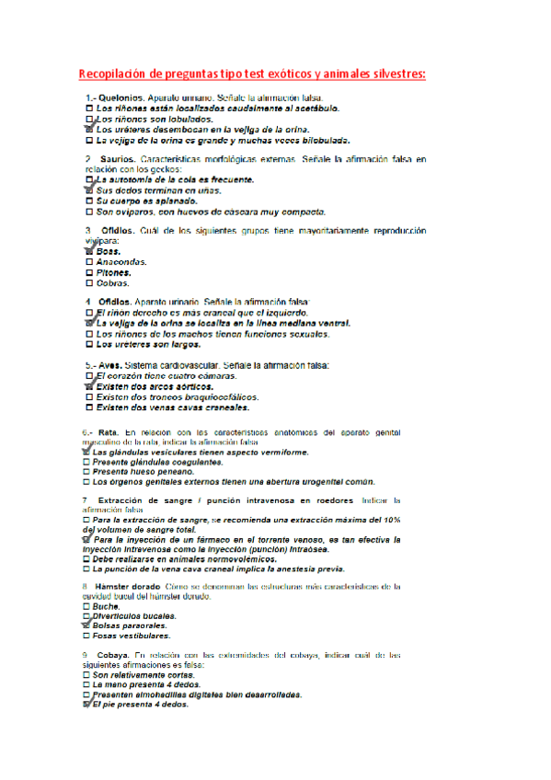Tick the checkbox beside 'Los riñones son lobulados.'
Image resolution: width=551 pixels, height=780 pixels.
[x=88, y=120]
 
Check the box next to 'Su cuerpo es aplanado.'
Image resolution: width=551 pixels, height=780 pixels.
[x=88, y=201]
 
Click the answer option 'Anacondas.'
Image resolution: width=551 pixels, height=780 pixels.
[x=121, y=261]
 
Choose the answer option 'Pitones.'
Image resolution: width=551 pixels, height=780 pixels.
[x=114, y=272]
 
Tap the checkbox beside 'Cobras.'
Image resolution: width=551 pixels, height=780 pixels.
[x=88, y=283]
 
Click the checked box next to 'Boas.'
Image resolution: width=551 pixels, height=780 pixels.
[x=88, y=250]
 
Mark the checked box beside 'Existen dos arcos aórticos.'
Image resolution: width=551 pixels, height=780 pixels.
[x=88, y=386]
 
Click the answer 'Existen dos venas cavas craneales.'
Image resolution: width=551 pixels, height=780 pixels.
[x=173, y=407]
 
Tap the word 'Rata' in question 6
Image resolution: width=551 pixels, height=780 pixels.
[x=109, y=431]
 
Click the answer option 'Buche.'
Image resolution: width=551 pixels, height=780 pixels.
[x=109, y=607]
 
